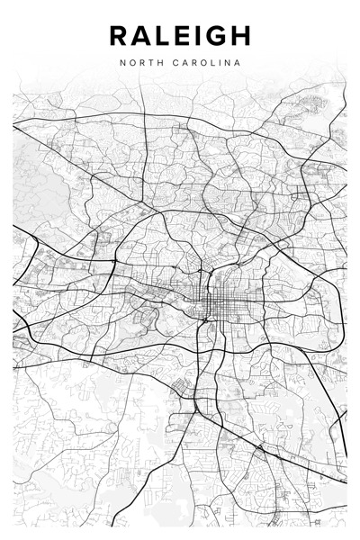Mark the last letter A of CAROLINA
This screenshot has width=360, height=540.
tap(238, 63)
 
